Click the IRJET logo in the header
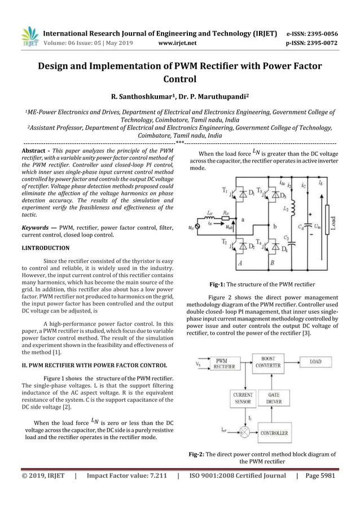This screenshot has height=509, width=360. (x=28, y=36)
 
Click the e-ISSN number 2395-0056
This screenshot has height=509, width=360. (x=322, y=33)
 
